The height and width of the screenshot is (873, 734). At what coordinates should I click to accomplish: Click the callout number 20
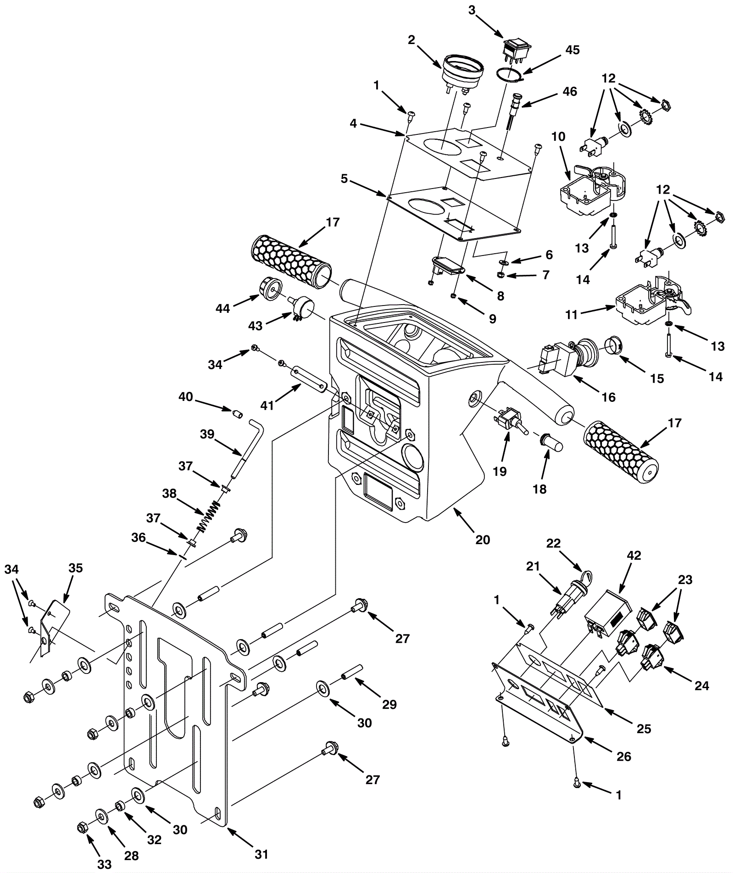coord(483,539)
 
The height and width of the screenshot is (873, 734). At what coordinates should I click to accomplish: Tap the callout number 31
coord(261,854)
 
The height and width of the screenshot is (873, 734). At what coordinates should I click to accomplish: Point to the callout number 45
coord(572,50)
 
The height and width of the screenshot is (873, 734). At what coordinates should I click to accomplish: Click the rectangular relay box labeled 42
coord(606,614)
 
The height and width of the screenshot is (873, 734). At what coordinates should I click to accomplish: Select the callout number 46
coord(570,91)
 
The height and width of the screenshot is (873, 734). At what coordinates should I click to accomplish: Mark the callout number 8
coord(500,296)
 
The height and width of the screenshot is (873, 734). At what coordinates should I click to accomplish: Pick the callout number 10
coord(558,137)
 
